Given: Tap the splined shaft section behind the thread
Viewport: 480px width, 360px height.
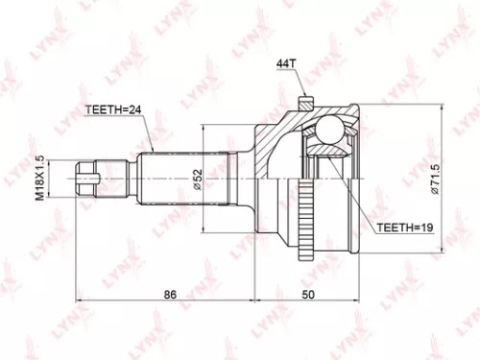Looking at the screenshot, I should (154, 176).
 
